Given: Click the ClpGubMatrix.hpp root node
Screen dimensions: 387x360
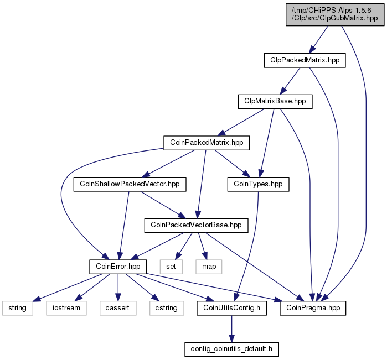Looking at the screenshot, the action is click(335, 14).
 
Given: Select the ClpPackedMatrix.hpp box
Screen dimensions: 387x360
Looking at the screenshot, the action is click(305, 60).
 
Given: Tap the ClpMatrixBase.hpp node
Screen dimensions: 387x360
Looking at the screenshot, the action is click(275, 102).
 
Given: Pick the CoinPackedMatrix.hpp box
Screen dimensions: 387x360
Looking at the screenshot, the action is click(207, 143).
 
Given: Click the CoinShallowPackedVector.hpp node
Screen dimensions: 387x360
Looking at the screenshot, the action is click(130, 184).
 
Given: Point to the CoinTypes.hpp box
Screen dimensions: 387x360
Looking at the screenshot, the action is click(258, 184).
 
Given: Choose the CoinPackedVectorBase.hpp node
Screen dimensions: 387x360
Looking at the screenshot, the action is click(196, 226).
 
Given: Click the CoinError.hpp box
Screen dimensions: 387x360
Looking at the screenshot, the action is click(118, 267).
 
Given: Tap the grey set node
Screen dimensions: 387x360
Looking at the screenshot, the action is click(171, 267).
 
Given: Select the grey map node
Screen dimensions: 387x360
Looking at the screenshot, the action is click(209, 267).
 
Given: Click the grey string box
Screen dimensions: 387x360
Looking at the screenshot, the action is click(18, 308).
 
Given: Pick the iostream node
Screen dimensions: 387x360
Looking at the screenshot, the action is click(66, 308).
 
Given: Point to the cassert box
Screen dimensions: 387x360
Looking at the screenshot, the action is click(118, 308).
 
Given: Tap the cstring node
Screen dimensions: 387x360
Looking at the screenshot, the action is click(167, 308).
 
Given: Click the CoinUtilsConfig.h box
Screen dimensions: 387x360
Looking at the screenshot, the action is click(232, 308).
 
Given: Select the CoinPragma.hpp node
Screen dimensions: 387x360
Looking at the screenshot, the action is click(313, 308).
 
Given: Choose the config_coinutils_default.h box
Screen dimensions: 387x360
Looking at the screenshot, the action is click(232, 349).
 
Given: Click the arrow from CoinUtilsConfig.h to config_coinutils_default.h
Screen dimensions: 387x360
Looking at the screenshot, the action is click(232, 328).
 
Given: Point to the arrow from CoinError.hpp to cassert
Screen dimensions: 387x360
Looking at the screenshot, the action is click(118, 287).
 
